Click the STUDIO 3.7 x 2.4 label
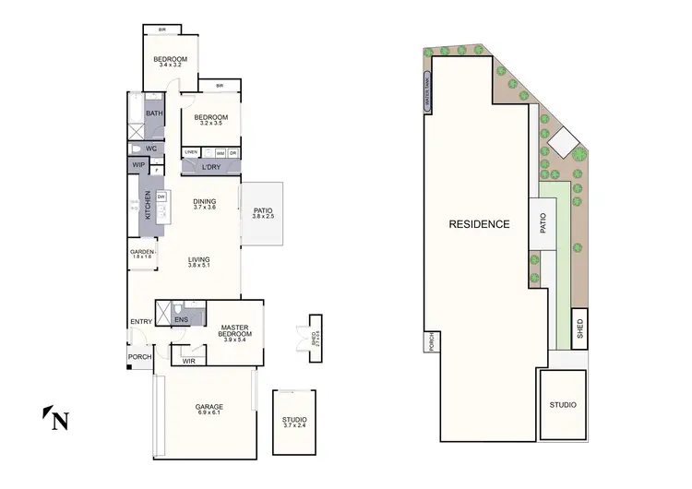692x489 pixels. click(x=294, y=423)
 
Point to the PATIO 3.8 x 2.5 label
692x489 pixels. click(x=263, y=214)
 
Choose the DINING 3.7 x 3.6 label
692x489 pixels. click(x=204, y=205)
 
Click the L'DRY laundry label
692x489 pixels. click(x=210, y=166)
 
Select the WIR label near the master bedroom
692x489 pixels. click(x=188, y=361)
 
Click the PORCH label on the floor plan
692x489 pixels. click(x=139, y=357)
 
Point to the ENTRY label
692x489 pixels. click(x=141, y=321)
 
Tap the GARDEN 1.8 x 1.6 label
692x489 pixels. click(x=141, y=254)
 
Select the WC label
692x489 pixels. click(x=150, y=148)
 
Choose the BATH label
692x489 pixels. click(x=153, y=113)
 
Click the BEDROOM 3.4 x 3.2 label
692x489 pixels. click(x=171, y=62)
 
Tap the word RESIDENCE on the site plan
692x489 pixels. click(x=479, y=224)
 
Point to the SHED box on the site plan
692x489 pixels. click(x=580, y=328)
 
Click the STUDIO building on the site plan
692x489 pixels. click(x=563, y=404)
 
